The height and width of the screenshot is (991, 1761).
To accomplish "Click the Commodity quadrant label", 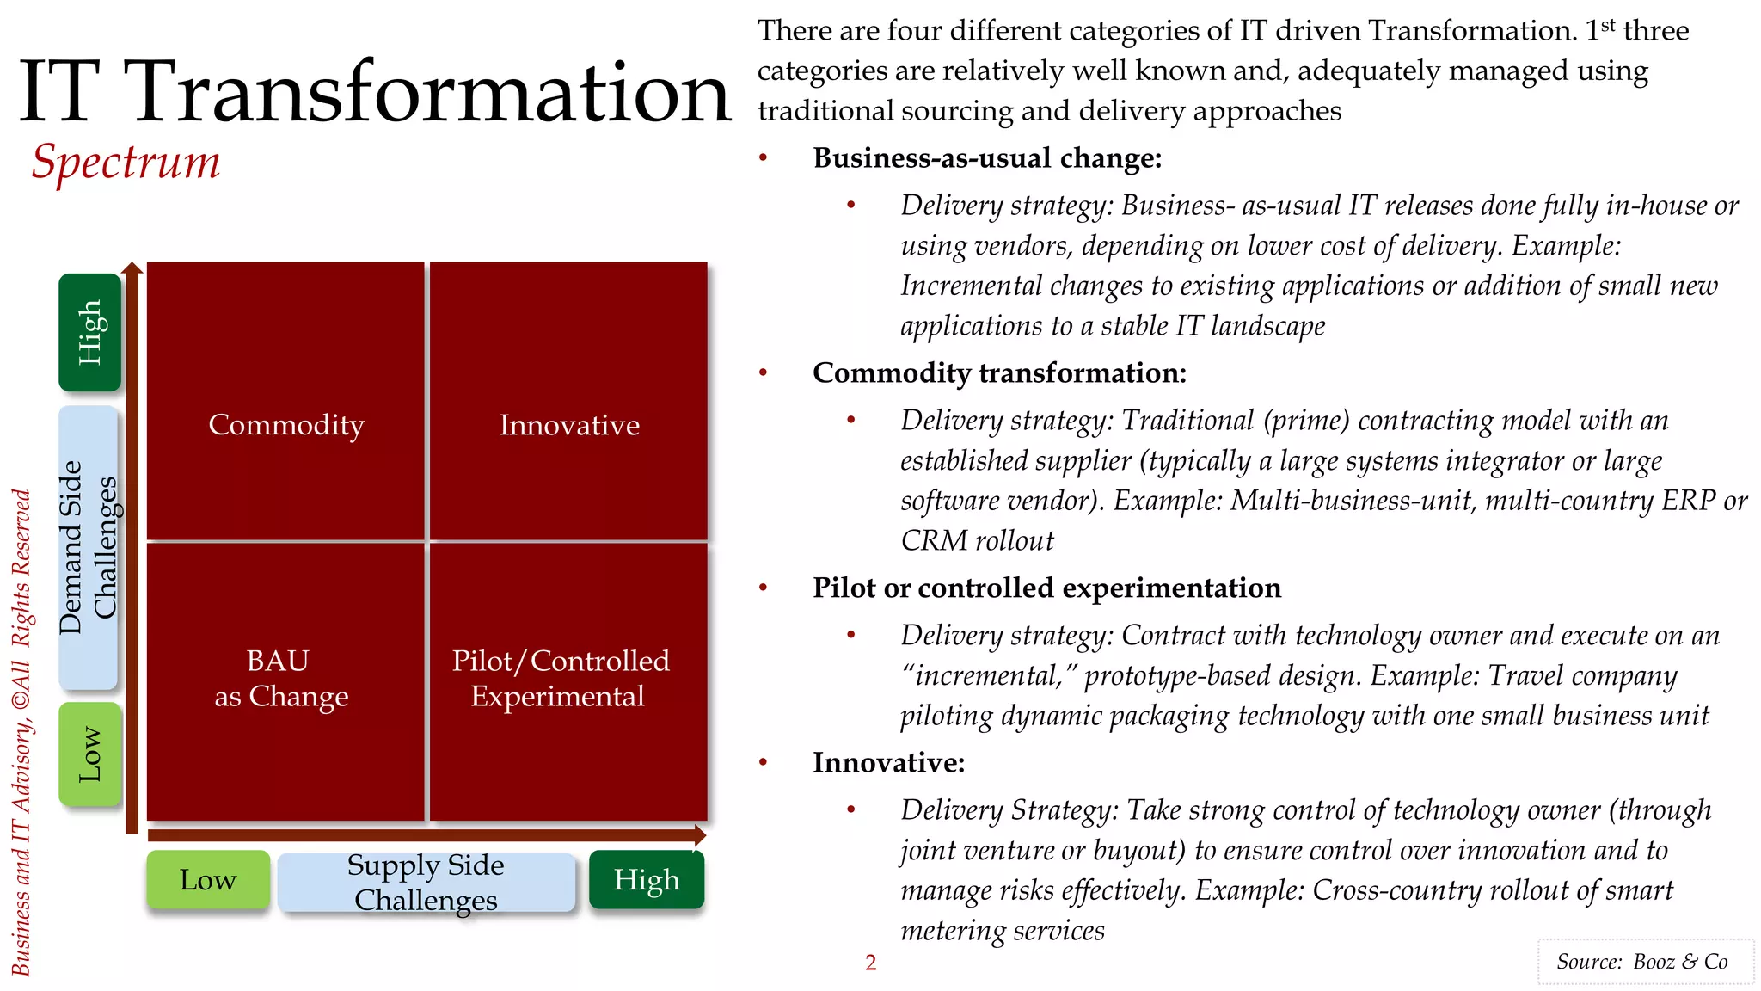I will (286, 425).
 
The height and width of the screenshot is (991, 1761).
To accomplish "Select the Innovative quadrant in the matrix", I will (569, 425).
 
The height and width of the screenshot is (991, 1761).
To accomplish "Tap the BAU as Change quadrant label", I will (281, 679).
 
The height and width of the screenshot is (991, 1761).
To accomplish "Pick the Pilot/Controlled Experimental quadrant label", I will (560, 679).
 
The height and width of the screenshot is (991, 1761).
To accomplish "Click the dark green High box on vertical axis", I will (89, 332).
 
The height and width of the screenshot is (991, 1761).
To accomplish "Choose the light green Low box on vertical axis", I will (89, 754).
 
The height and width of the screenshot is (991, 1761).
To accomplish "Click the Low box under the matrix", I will (208, 880).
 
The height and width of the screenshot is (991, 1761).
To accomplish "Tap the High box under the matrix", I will (647, 880).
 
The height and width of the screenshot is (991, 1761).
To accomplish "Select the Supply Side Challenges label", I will (426, 882).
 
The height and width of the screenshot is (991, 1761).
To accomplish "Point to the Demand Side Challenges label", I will (88, 548).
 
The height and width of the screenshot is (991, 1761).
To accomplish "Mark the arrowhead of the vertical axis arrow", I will (132, 268).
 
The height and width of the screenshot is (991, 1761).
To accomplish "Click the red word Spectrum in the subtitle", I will (126, 162).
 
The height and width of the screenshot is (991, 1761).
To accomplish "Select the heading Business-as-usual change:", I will (987, 158).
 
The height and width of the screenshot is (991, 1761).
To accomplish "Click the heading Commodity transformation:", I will (999, 373).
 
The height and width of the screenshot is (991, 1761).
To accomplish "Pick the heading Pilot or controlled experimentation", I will (1046, 588).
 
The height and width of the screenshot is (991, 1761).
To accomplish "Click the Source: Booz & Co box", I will (1645, 962).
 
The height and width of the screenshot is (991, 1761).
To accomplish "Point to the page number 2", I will (870, 963).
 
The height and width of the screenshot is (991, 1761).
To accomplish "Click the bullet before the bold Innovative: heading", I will (763, 762).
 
